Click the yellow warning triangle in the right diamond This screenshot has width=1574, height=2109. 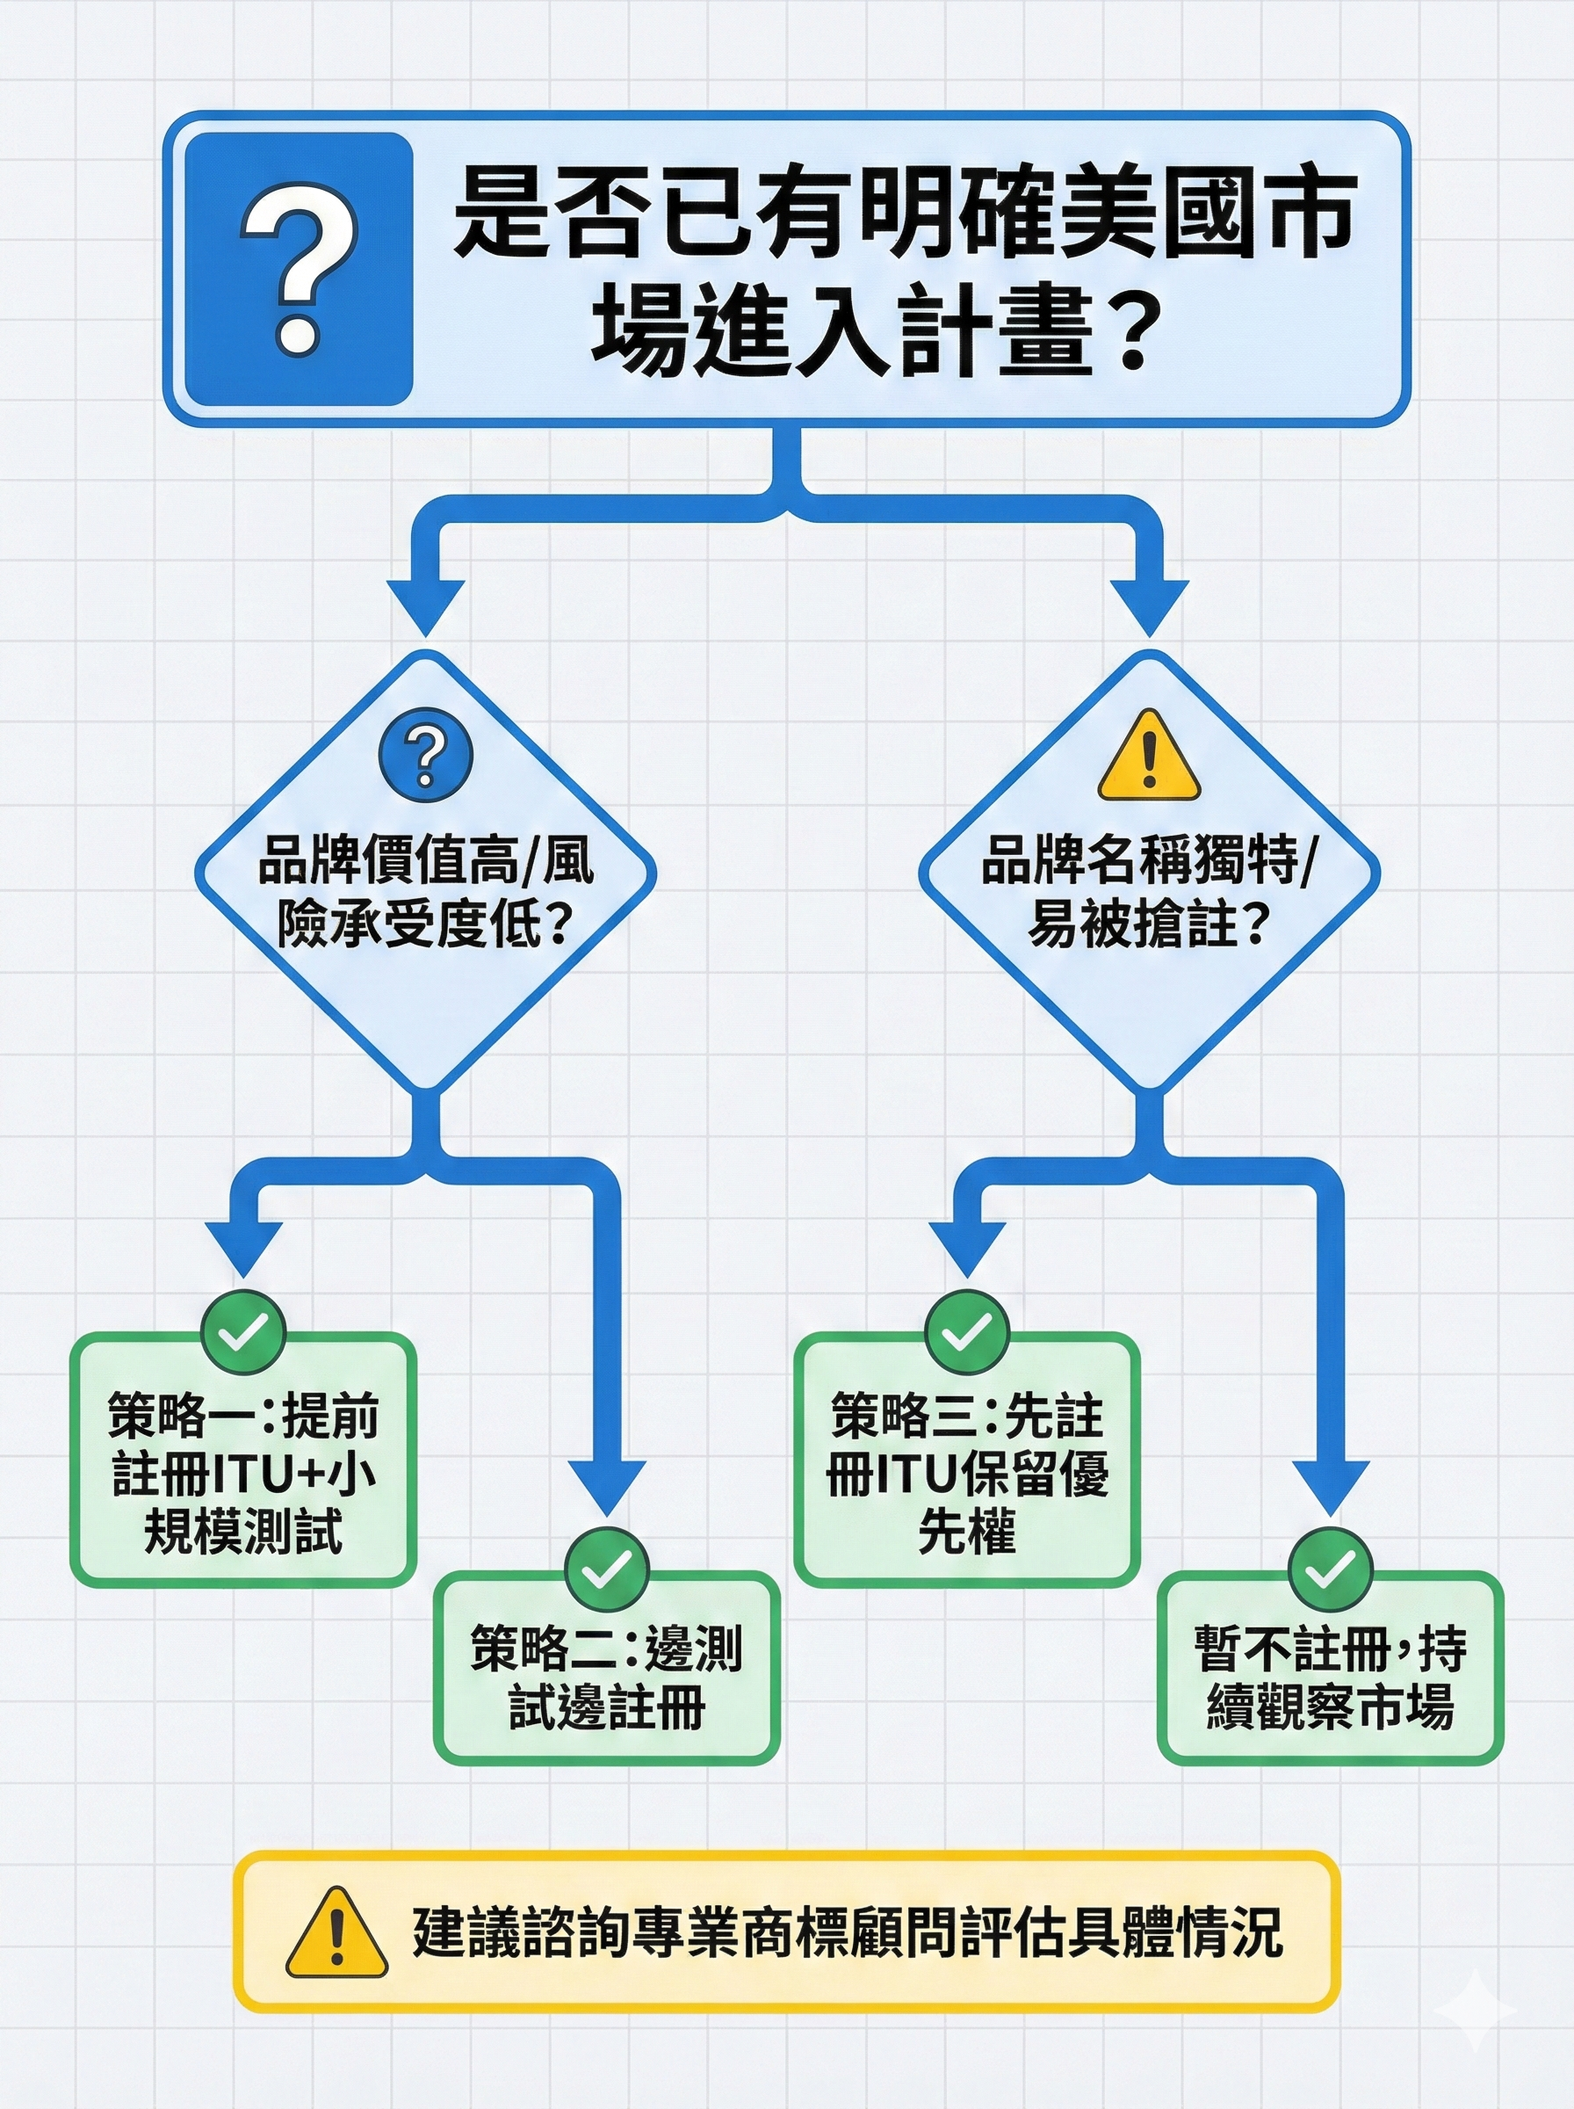click(x=1149, y=758)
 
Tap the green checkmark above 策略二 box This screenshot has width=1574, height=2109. click(x=607, y=1569)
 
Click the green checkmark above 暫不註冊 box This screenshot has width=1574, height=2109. click(x=1330, y=1569)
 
